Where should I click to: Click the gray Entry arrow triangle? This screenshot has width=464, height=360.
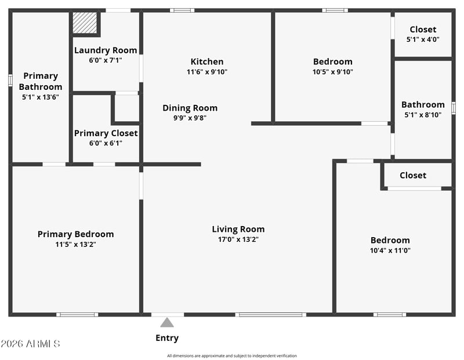click(x=167, y=322)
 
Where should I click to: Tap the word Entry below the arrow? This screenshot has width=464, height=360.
click(x=167, y=338)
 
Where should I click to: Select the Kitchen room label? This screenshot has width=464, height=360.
click(x=207, y=61)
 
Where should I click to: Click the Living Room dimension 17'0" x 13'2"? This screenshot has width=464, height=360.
click(x=238, y=239)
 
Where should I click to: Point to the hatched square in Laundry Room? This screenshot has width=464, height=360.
click(x=85, y=23)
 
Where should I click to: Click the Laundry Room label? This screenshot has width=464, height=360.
click(x=106, y=50)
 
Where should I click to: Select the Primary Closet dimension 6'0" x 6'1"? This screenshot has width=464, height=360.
click(x=106, y=143)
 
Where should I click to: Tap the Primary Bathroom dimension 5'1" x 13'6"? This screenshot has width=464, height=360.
click(x=40, y=97)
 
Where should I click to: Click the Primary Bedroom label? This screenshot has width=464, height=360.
click(x=75, y=234)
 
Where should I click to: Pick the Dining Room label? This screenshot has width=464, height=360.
click(x=190, y=108)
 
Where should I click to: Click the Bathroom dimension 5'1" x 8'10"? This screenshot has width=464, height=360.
click(x=423, y=115)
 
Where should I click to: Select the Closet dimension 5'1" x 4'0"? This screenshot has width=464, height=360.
click(x=423, y=39)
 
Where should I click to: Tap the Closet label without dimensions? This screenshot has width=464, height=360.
click(x=413, y=175)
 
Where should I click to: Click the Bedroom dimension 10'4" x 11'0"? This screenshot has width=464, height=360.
click(x=390, y=250)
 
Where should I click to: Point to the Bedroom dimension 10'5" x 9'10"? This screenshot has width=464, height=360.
click(x=332, y=71)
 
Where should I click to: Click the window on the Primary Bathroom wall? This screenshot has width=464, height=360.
click(x=10, y=80)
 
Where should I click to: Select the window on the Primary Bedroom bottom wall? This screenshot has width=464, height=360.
click(x=77, y=314)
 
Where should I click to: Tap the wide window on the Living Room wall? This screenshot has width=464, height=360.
click(x=271, y=314)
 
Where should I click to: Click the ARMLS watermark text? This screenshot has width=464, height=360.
click(x=30, y=343)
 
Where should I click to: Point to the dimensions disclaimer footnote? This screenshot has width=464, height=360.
click(x=231, y=356)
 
